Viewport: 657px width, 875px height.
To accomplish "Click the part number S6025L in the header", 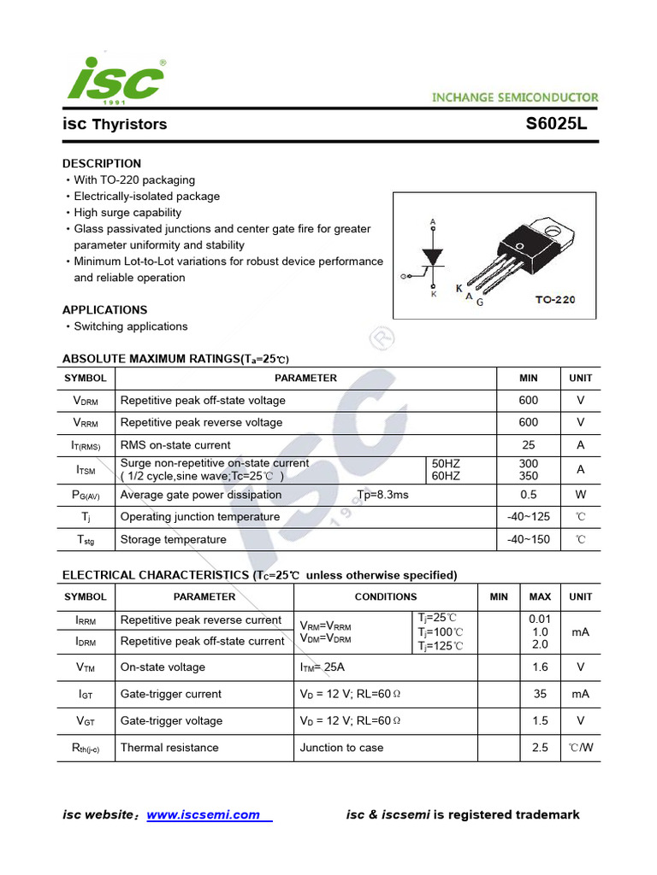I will pyautogui.click(x=556, y=124).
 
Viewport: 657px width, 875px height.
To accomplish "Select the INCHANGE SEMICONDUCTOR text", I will pyautogui.click(x=515, y=97).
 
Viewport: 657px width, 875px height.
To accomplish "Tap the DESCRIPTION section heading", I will pyautogui.click(x=102, y=163).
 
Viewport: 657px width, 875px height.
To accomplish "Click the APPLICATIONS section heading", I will pyautogui.click(x=104, y=310).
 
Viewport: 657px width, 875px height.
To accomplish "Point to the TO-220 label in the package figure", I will pyautogui.click(x=555, y=300).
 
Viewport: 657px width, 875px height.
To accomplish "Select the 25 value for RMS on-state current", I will pyautogui.click(x=528, y=444).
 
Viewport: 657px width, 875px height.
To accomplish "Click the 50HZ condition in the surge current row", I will pyautogui.click(x=446, y=463).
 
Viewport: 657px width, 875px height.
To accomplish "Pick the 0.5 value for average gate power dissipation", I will pyautogui.click(x=528, y=495).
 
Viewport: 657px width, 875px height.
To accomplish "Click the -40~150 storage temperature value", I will pyautogui.click(x=528, y=539).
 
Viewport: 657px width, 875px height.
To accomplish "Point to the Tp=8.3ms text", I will pyautogui.click(x=382, y=495).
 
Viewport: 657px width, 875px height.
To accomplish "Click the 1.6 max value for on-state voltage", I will pyautogui.click(x=540, y=667).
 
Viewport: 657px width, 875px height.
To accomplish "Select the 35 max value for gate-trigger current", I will pyautogui.click(x=540, y=694).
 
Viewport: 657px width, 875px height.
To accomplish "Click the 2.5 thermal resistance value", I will pyautogui.click(x=540, y=748).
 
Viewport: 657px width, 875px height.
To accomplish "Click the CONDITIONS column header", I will pyautogui.click(x=386, y=596).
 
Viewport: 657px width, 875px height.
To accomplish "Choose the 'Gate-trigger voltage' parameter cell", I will pyautogui.click(x=171, y=720).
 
